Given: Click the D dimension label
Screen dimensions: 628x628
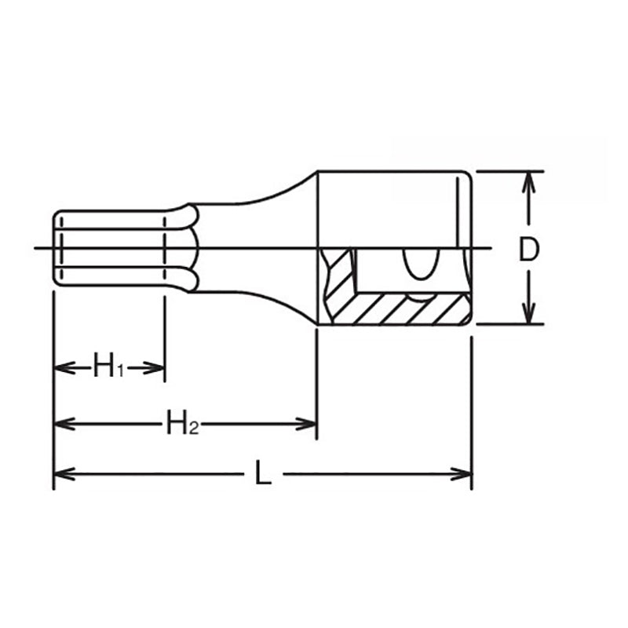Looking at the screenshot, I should (530, 249).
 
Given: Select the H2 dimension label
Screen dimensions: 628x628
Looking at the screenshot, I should (181, 425).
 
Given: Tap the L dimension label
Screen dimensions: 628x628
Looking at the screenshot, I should (264, 474).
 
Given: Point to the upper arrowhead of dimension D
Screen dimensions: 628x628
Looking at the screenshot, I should (530, 180).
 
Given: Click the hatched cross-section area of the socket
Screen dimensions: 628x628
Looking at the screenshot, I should (392, 309).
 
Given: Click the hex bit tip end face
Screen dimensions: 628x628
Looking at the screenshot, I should (53, 247).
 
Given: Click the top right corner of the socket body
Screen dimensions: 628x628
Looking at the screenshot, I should (469, 173).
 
